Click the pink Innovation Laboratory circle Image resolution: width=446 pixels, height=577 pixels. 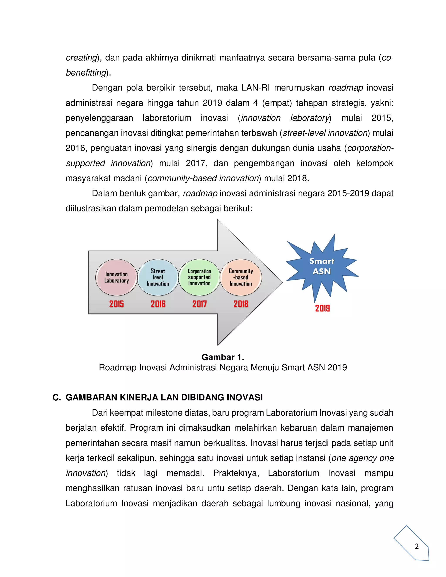tap(117, 277)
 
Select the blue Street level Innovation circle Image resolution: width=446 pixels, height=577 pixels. tap(158, 277)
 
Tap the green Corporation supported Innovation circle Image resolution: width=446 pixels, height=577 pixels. tap(199, 277)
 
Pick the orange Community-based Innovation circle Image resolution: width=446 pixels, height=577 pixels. tap(241, 277)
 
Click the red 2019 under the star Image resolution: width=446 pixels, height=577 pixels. tap(322, 308)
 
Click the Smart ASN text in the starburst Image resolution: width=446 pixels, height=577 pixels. tap(322, 266)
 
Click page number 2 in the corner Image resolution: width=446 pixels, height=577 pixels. tap(417, 546)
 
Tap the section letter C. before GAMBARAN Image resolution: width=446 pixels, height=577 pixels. tap(57, 397)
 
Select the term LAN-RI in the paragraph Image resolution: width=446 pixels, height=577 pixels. tap(255, 88)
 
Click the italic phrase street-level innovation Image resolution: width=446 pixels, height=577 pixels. tap(325, 133)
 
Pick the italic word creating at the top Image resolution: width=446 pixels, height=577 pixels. tap(81, 58)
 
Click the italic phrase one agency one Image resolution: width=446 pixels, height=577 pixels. tap(363, 458)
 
